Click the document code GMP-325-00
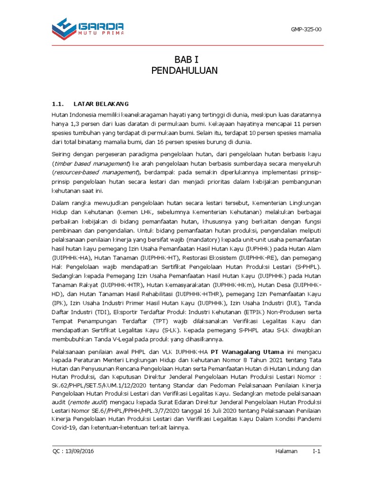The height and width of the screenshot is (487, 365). click(x=306, y=29)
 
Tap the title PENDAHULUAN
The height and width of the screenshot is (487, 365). click(x=184, y=71)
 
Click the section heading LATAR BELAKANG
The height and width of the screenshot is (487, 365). click(x=101, y=104)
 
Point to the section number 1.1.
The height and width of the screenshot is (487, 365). click(x=57, y=104)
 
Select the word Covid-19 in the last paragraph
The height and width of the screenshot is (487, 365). click(x=65, y=427)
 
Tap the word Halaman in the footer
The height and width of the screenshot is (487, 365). click(x=286, y=451)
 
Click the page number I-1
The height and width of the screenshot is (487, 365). click(x=317, y=451)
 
